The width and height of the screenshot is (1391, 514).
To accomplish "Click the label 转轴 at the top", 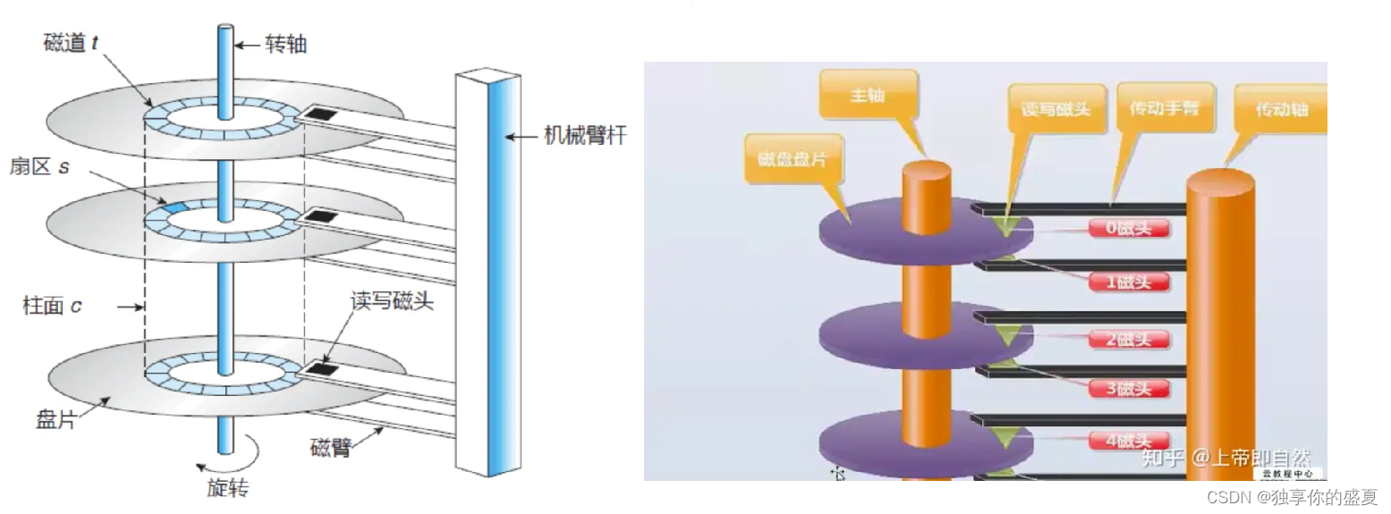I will pyautogui.click(x=286, y=43).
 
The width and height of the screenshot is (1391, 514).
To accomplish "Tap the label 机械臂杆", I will pyautogui.click(x=585, y=136).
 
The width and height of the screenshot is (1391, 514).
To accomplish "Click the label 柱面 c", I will pyautogui.click(x=52, y=307).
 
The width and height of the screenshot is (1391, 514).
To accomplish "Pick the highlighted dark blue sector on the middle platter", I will pyautogui.click(x=173, y=208).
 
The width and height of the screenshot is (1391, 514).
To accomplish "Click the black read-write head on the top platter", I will pyautogui.click(x=319, y=114).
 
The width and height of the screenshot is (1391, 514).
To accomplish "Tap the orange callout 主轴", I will pyautogui.click(x=868, y=94).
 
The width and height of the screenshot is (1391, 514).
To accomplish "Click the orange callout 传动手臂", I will pyautogui.click(x=1163, y=108).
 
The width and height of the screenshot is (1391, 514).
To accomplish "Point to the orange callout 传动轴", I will pyautogui.click(x=1281, y=108).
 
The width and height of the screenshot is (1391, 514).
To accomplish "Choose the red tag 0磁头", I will pyautogui.click(x=1129, y=228).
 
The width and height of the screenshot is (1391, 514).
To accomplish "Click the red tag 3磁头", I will pyautogui.click(x=1129, y=389).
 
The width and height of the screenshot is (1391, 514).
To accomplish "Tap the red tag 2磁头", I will pyautogui.click(x=1129, y=339).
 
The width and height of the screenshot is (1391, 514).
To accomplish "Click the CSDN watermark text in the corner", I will pyautogui.click(x=1292, y=497).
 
